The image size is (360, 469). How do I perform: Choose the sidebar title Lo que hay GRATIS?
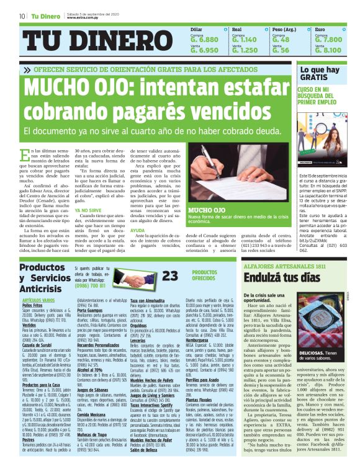(x=319, y=74)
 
